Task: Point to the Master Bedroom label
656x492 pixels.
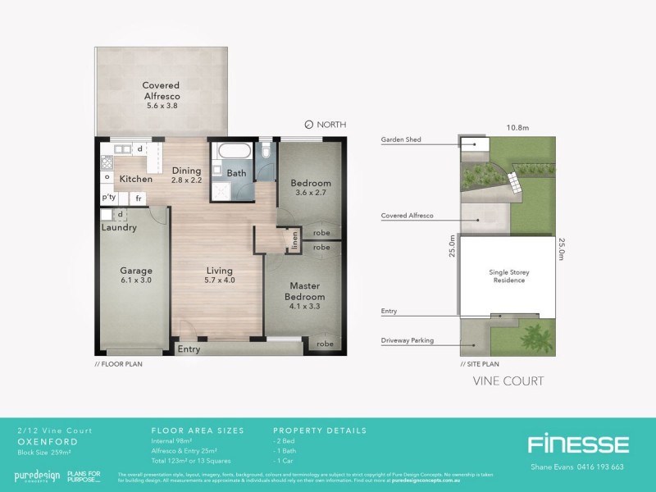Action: coord(305,291)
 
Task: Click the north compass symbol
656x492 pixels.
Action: coord(308,125)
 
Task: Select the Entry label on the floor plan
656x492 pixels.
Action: coord(189,349)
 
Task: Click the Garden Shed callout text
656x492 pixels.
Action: coord(401,140)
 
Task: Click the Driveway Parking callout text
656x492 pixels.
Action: coord(408,339)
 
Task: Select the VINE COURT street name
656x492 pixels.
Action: coord(509,381)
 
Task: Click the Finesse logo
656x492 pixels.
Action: coord(578,444)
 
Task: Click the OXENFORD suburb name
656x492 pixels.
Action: coord(42,440)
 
